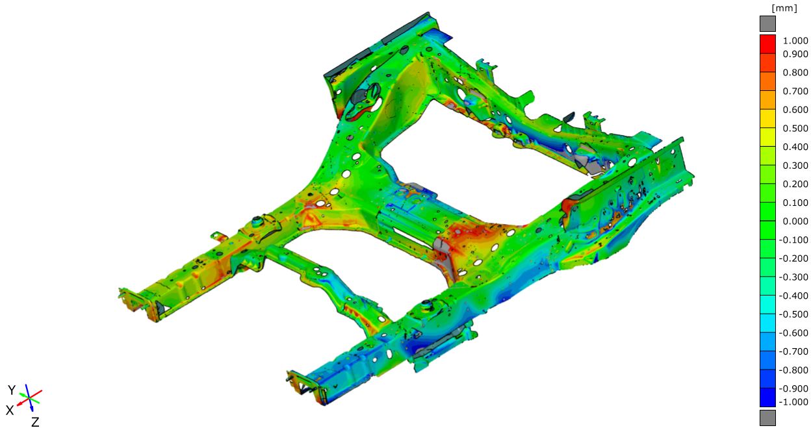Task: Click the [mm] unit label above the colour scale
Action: click(784, 8)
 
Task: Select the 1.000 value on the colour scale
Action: click(795, 40)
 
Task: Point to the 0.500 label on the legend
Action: click(795, 129)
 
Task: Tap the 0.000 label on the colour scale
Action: click(795, 221)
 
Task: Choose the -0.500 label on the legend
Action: click(793, 314)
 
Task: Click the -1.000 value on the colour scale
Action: click(793, 402)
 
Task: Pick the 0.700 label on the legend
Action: click(795, 91)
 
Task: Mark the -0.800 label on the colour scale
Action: click(793, 370)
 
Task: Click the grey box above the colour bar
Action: click(767, 24)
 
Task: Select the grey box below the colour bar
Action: click(767, 418)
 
